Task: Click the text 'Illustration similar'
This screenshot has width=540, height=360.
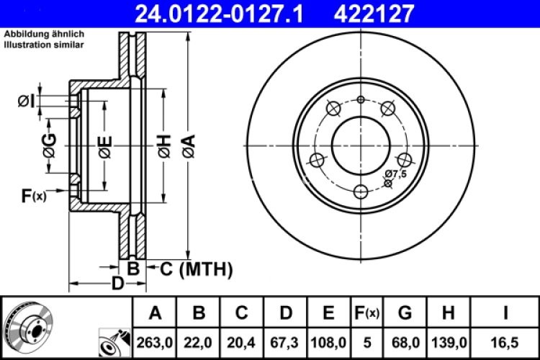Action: click(44, 45)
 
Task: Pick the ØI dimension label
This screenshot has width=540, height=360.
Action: click(26, 102)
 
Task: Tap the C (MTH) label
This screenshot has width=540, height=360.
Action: click(195, 269)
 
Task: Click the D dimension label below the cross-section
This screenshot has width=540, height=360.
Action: click(117, 284)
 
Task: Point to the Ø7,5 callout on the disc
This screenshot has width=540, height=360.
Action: click(396, 174)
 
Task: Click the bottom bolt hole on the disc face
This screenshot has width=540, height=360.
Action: click(361, 192)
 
